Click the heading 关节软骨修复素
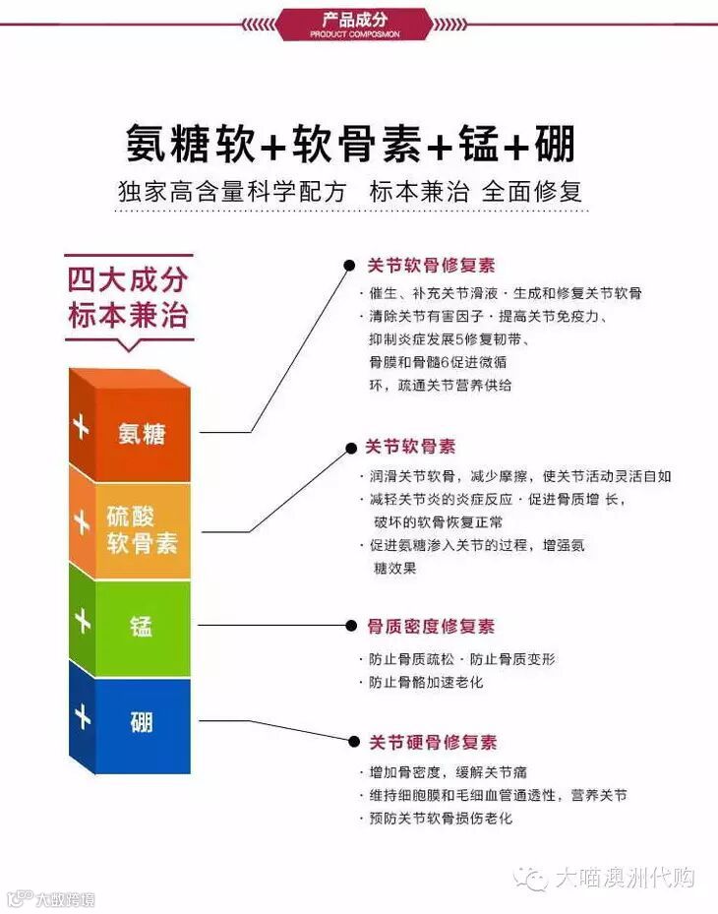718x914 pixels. pyautogui.click(x=431, y=266)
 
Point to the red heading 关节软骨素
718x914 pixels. pyautogui.click(x=411, y=447)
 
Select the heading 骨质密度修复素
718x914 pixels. pyautogui.click(x=431, y=626)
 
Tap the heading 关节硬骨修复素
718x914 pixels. pyautogui.click(x=433, y=742)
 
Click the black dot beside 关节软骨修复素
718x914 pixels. pyautogui.click(x=348, y=266)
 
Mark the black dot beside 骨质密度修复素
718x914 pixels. pyautogui.click(x=348, y=625)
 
